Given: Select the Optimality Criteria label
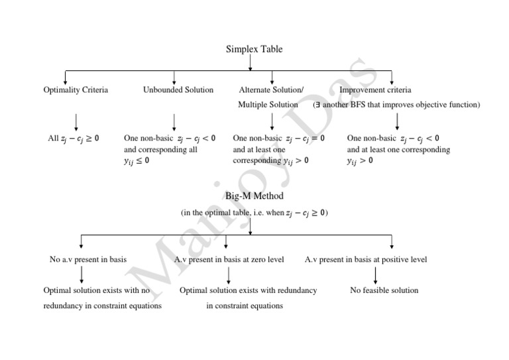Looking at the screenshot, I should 76,90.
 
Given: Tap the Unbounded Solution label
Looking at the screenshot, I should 178,90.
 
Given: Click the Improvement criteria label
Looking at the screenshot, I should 375,90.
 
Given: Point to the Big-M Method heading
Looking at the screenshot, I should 254,196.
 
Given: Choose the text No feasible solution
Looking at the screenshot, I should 384,290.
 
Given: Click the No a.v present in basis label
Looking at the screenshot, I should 88,259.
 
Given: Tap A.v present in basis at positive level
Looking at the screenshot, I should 366,259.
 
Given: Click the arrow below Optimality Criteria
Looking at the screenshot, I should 76,121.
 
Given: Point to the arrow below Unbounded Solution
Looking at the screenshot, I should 174,121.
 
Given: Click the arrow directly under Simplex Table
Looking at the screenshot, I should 251,62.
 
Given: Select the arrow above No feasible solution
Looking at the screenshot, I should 376,274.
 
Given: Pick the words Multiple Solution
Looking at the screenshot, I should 268,105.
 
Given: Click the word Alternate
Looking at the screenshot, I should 254,90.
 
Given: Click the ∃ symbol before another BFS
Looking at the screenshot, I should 319,105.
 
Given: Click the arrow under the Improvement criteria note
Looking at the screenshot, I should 396,121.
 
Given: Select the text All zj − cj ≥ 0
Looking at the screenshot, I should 74,139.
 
